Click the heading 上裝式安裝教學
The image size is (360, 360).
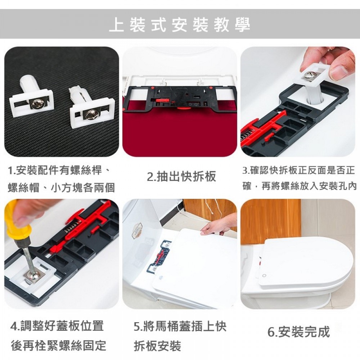(x=180, y=25)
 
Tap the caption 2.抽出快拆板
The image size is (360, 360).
(x=181, y=177)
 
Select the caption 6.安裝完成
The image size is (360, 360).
(x=299, y=332)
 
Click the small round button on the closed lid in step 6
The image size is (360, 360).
(x=264, y=275)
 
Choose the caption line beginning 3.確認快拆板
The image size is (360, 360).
(x=298, y=171)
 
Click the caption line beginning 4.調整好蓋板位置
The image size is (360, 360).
(x=57, y=326)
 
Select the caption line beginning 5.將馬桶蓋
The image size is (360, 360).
(x=180, y=326)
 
